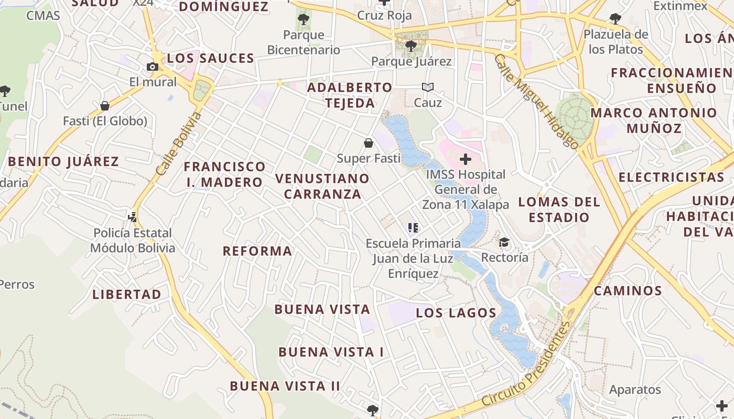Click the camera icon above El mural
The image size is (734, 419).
click(x=153, y=67)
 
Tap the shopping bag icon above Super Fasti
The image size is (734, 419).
click(x=369, y=142)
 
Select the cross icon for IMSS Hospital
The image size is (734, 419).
click(x=465, y=159)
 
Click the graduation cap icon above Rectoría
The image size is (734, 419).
click(x=504, y=242)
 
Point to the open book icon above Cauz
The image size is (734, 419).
click(x=428, y=87)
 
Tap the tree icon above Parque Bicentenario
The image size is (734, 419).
click(x=303, y=20)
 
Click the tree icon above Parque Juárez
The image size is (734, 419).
click(x=411, y=46)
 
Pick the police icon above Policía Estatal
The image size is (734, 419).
click(x=133, y=216)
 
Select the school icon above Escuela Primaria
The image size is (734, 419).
click(x=413, y=228)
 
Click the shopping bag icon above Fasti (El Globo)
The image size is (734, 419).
click(x=105, y=106)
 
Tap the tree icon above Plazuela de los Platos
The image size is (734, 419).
click(x=616, y=19)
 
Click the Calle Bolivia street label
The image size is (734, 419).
click(x=179, y=144)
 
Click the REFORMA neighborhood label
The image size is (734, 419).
click(x=257, y=251)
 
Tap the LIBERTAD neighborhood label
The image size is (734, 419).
click(x=127, y=294)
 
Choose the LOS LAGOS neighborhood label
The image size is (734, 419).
click(x=456, y=313)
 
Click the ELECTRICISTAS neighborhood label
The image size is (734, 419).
click(x=671, y=177)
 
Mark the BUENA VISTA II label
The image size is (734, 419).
click(x=285, y=386)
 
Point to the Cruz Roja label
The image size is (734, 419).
click(x=384, y=15)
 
